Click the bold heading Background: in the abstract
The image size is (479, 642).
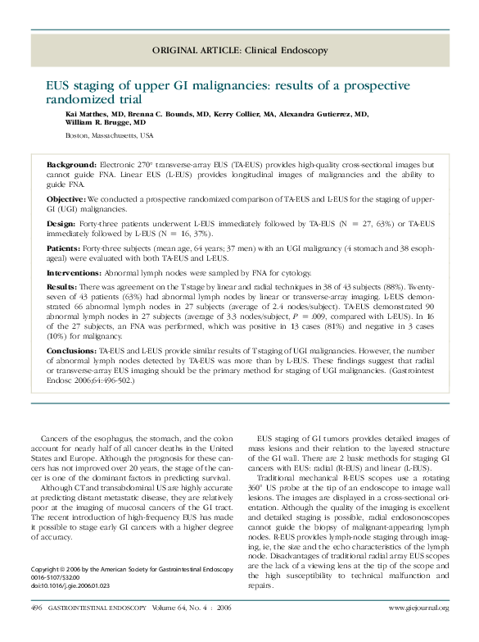point(71,165)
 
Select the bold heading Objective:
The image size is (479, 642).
point(66,199)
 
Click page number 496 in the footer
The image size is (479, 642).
point(36,607)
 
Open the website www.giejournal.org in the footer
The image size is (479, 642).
point(418,608)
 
